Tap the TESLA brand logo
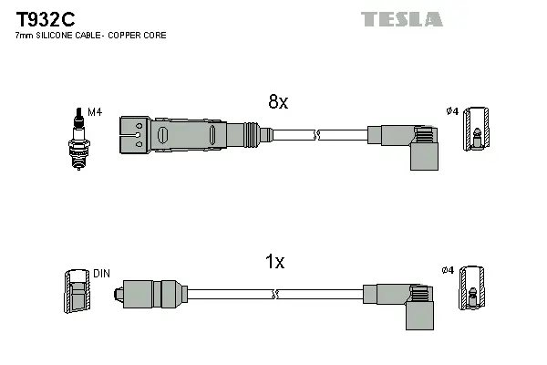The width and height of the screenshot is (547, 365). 401,19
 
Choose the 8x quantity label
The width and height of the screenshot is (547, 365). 277,103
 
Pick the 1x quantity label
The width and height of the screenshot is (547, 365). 274,263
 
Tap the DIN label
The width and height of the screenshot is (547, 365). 101,273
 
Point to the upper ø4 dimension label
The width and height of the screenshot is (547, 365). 450,112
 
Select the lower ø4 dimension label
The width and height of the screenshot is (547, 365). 447,270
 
